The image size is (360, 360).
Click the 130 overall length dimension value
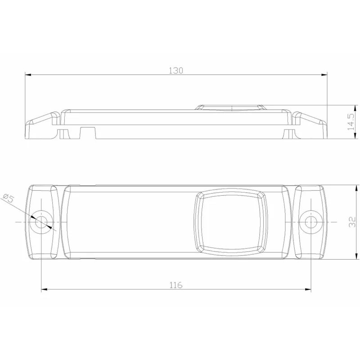click(176, 71)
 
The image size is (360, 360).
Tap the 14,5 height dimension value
click(351, 122)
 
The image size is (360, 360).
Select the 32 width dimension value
click(352, 222)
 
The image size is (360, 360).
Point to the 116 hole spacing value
click(176, 285)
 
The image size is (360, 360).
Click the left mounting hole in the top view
click(41, 222)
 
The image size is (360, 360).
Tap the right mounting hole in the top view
click(310, 222)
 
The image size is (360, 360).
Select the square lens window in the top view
click(231, 222)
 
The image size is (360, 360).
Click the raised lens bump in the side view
click(231, 108)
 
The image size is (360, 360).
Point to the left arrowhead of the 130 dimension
click(28, 75)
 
